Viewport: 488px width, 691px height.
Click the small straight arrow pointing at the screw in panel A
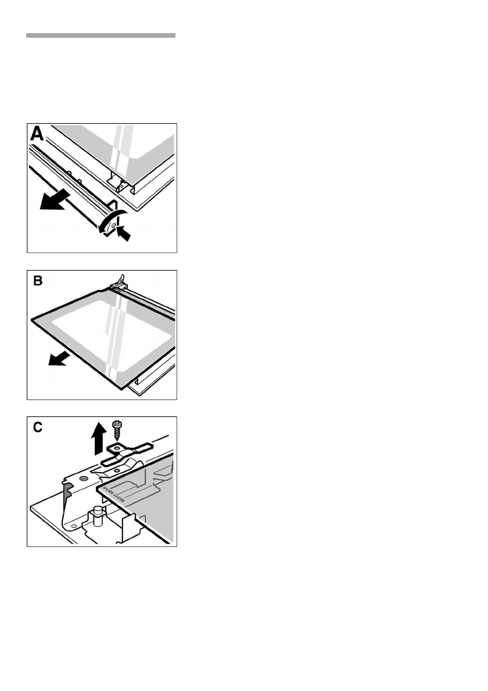124,233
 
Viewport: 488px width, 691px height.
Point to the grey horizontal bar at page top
101,35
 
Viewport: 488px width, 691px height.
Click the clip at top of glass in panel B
120,282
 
